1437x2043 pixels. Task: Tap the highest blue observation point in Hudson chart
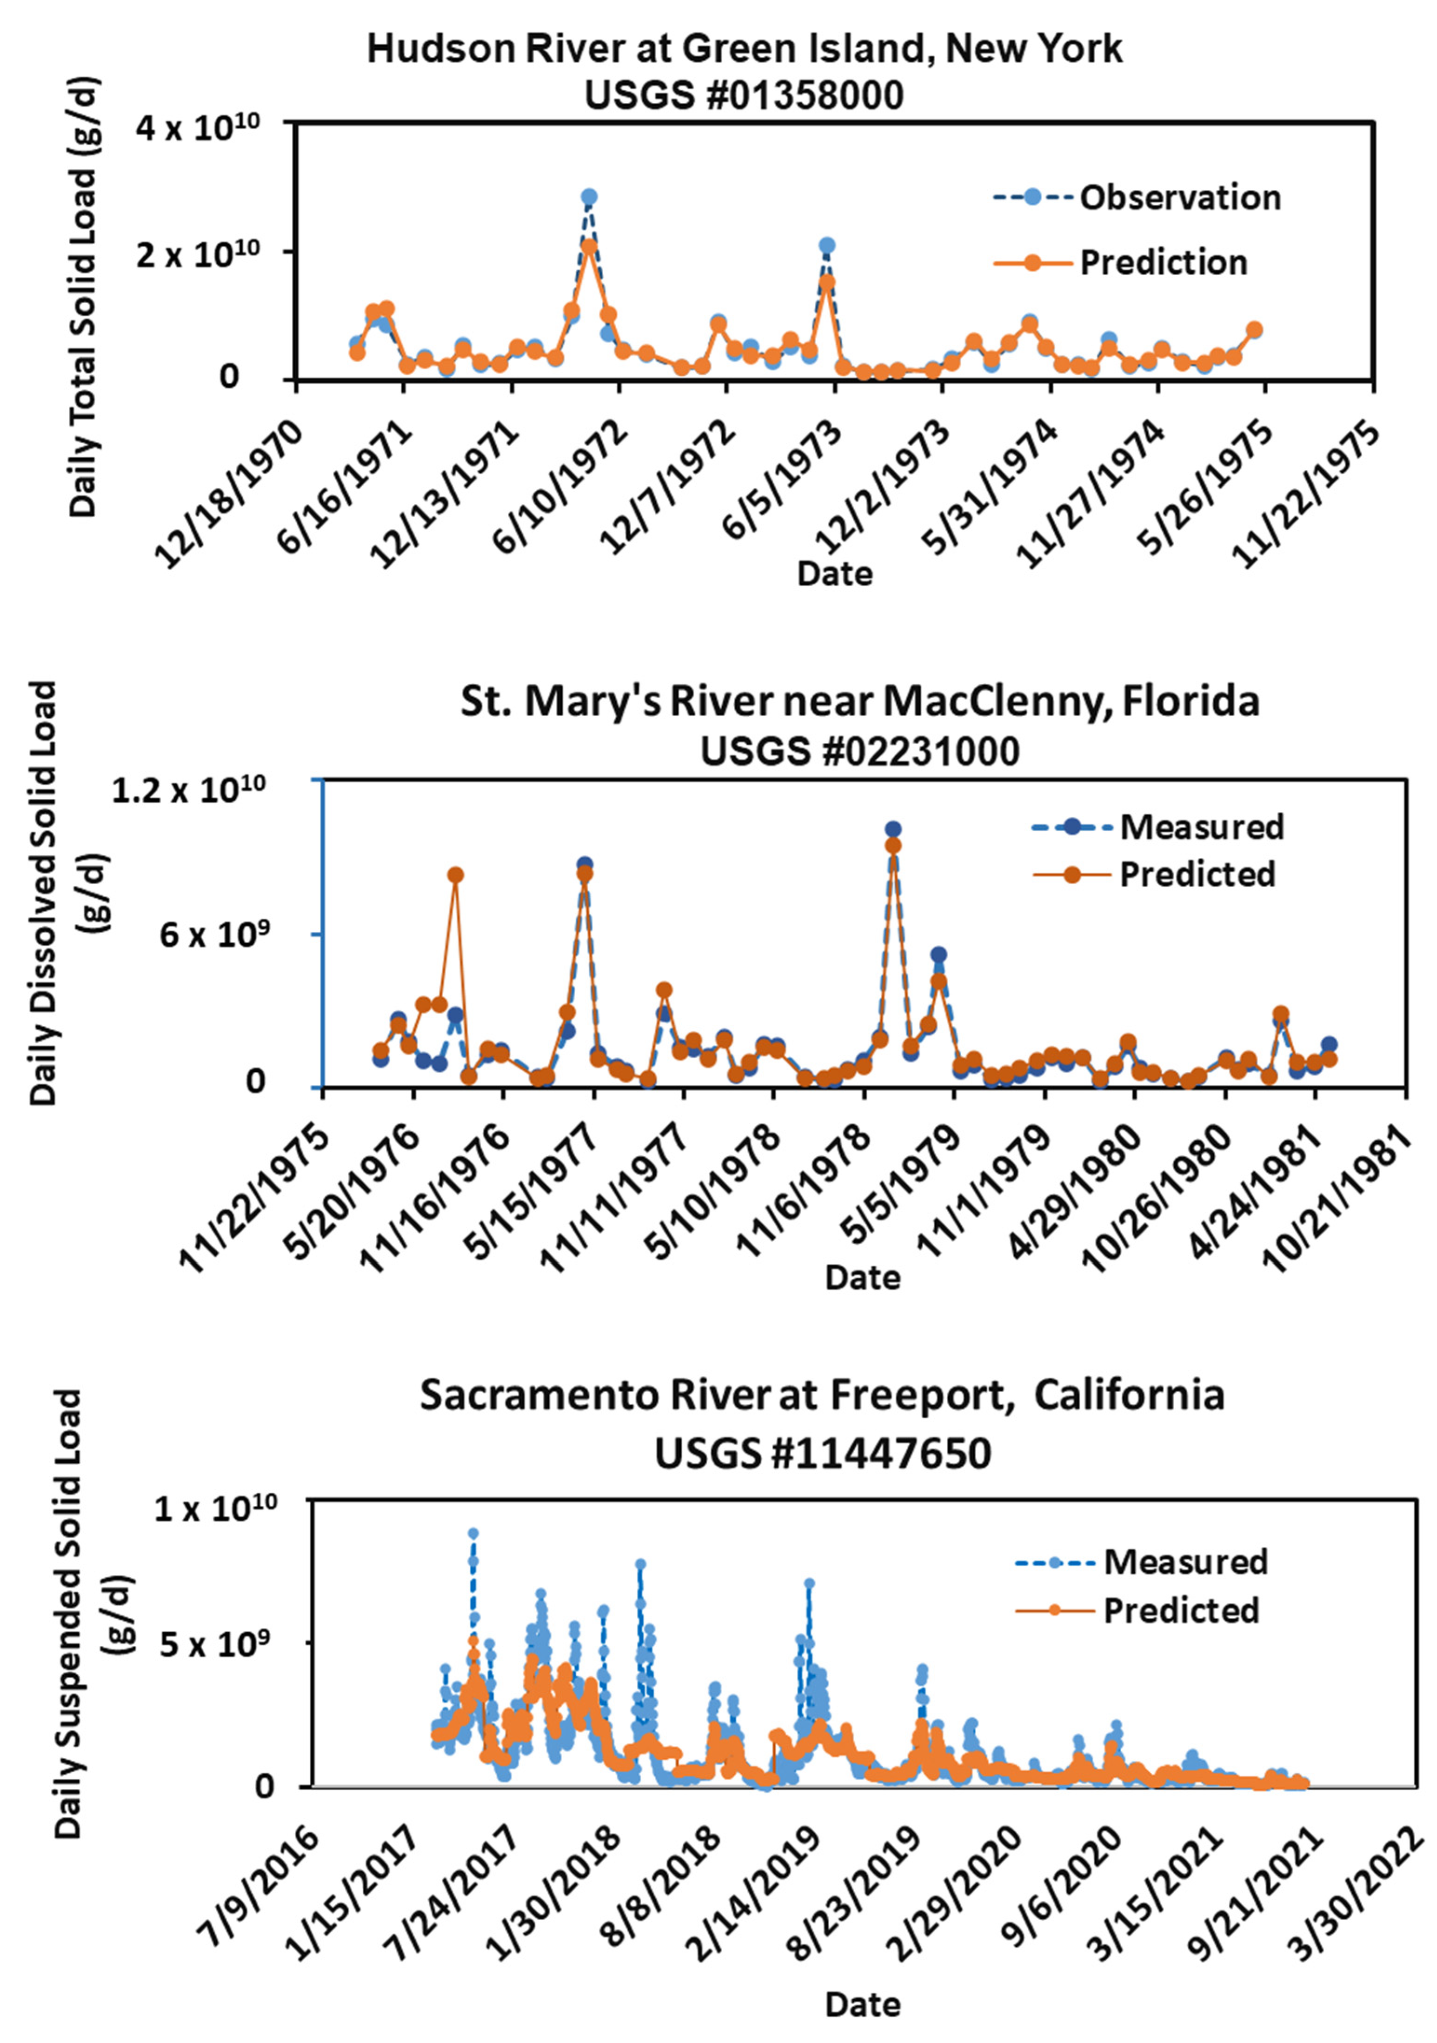pos(588,197)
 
